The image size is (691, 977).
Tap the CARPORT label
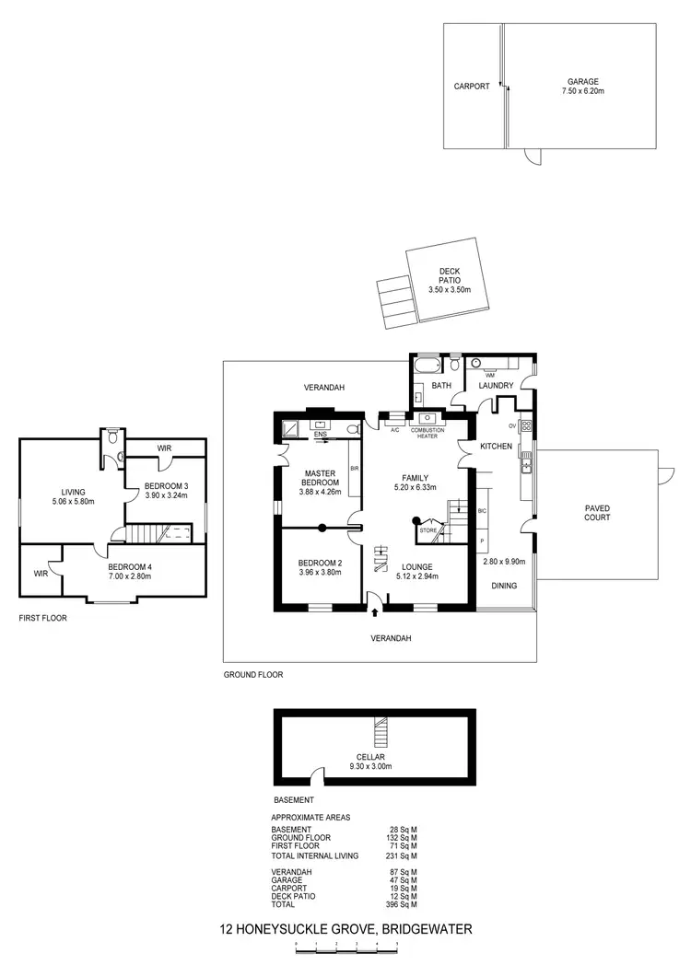point(472,87)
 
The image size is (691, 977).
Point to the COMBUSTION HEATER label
point(427,433)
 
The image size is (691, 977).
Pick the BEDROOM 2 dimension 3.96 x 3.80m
point(319,573)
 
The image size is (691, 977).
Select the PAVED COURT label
point(597,512)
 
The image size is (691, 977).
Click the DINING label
point(504,585)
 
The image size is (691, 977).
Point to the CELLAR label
point(372,757)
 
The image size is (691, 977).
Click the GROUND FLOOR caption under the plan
point(252,675)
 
